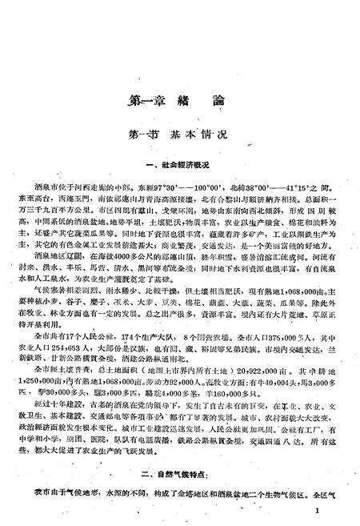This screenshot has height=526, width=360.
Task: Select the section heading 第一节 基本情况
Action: pyautogui.click(x=180, y=136)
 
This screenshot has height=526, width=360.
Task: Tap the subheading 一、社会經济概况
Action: pyautogui.click(x=180, y=165)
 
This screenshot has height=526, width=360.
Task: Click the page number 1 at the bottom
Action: pyautogui.click(x=318, y=509)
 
